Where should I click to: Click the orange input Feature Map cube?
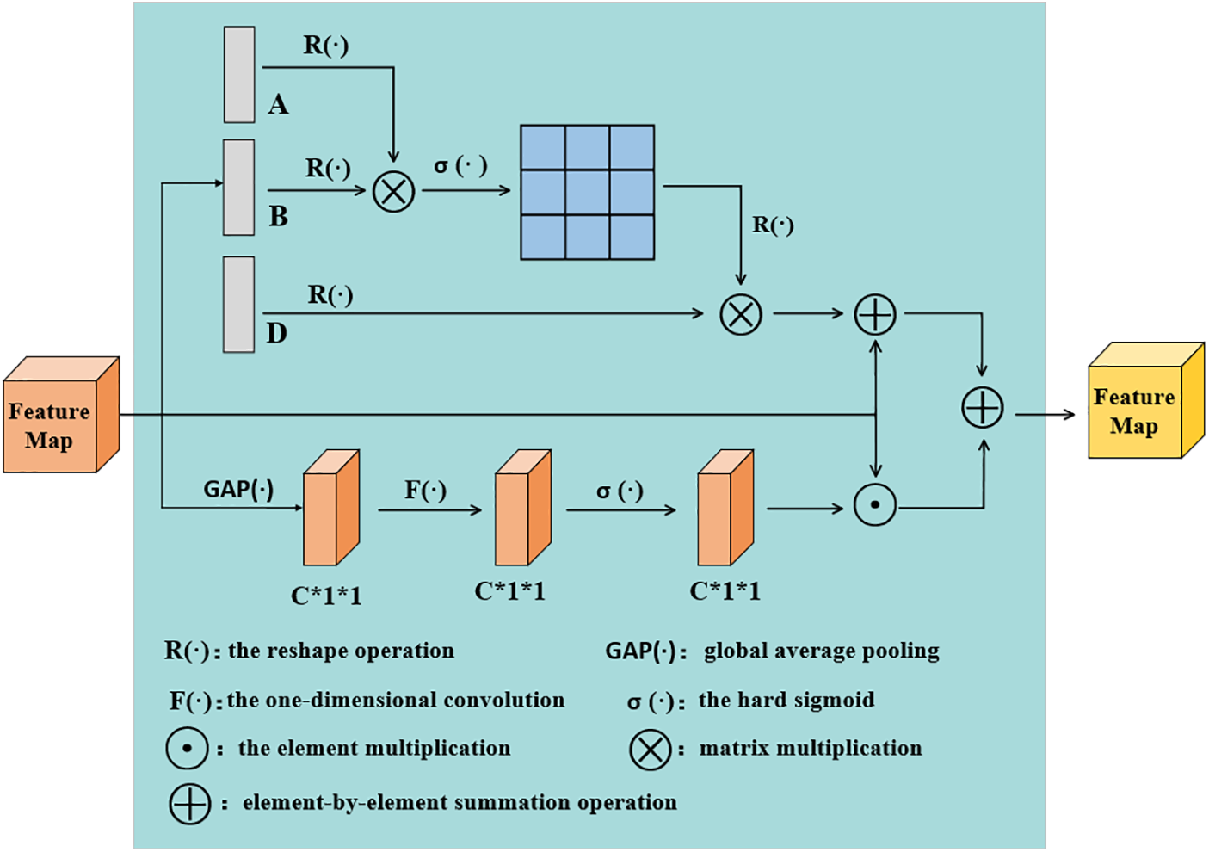[x=60, y=416]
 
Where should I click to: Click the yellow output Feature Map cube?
[x=1145, y=402]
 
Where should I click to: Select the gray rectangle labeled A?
[x=239, y=75]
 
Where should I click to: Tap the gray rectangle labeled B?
[x=239, y=188]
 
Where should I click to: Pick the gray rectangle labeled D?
[x=239, y=305]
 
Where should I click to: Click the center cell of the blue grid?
[x=588, y=192]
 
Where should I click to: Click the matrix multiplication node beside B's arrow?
[x=394, y=191]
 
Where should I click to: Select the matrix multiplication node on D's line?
[x=741, y=314]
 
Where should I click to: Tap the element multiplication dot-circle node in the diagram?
[x=875, y=505]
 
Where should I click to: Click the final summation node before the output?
[x=983, y=407]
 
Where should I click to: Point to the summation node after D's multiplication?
[x=875, y=314]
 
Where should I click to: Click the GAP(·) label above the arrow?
[x=238, y=490]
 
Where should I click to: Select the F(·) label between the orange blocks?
[x=426, y=491]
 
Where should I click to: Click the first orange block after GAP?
[x=331, y=508]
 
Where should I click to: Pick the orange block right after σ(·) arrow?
[x=725, y=508]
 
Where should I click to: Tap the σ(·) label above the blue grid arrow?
[x=460, y=165]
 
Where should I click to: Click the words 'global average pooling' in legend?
[x=821, y=651]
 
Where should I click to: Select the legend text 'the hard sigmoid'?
[x=786, y=700]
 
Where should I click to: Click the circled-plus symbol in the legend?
[x=190, y=804]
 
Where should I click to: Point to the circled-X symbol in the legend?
[x=651, y=749]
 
